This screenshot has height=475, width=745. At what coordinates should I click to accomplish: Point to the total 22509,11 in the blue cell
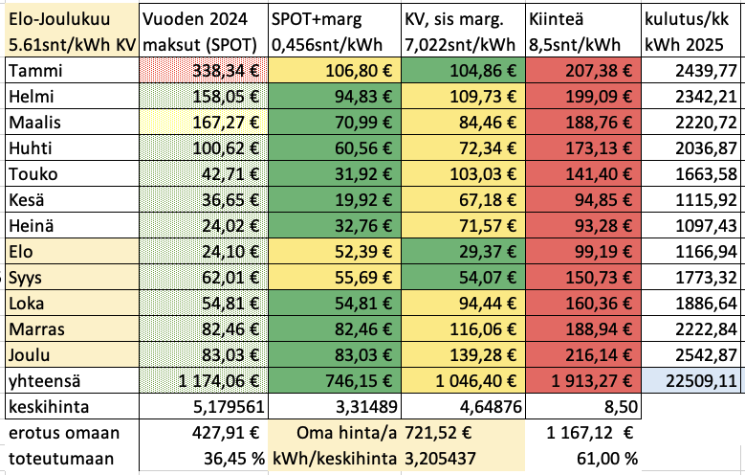[x=696, y=381]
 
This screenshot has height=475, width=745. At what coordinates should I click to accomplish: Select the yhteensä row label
[x=44, y=381]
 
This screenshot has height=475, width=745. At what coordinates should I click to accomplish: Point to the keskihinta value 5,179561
[x=218, y=407]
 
